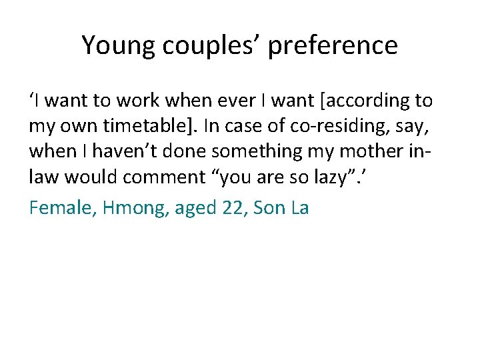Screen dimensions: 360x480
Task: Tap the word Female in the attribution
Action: (59, 207)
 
